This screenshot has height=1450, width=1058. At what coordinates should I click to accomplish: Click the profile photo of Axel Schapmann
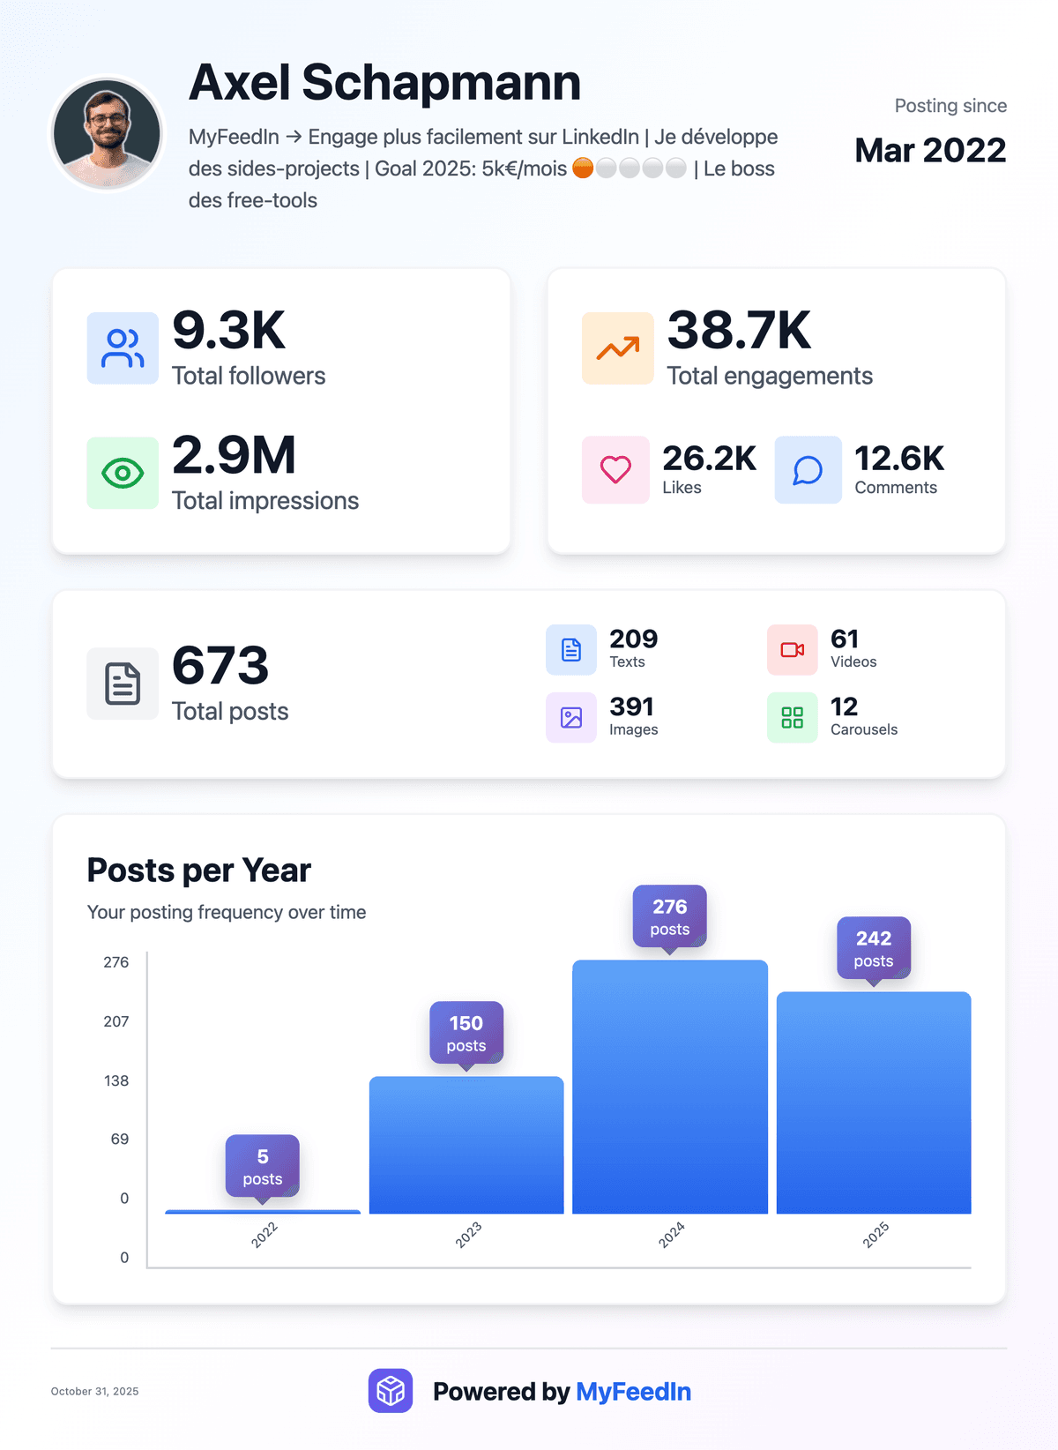coord(107,133)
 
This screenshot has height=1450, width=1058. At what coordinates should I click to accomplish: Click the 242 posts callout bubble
coord(874,948)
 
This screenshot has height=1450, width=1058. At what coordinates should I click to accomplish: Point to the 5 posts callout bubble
coord(263,1166)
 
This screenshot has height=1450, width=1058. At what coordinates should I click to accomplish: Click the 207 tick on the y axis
coord(116,1021)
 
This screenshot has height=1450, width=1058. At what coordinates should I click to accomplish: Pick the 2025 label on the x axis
coord(875,1235)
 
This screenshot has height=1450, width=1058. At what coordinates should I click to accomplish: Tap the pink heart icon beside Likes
coord(615,470)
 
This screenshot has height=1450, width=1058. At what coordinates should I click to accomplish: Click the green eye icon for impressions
coord(123,474)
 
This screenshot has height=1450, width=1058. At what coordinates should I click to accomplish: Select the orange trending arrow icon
coord(618,348)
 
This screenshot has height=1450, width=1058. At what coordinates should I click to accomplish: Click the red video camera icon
coord(792,650)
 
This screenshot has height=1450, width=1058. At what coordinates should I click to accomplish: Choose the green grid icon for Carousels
coord(792,718)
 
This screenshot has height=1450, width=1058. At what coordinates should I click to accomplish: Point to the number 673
coord(220,665)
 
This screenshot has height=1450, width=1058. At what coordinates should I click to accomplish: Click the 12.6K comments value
coord(899,459)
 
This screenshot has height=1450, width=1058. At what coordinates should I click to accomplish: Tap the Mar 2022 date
coord(930,151)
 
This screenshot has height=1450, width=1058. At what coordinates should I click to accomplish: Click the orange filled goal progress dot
coord(583,168)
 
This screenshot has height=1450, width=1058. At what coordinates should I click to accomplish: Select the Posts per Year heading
coord(199,871)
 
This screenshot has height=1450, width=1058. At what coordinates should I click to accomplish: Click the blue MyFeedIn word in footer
coord(633,1392)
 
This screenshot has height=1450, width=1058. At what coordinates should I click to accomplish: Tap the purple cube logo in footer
coord(391,1391)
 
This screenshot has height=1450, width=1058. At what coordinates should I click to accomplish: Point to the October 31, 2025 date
coord(94,1392)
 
